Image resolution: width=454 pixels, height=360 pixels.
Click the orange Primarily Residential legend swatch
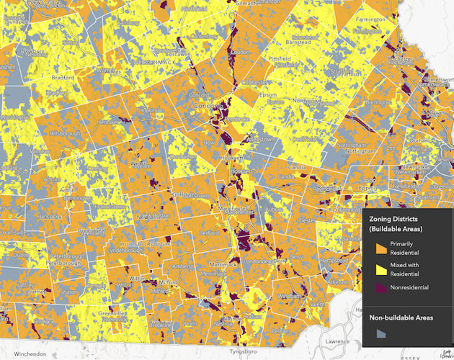click(x=381, y=248)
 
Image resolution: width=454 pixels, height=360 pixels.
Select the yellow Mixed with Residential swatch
click(x=381, y=269)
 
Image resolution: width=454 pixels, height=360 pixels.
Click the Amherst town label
click(x=177, y=266)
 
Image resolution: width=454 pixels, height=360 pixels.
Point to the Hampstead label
click(x=333, y=260)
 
